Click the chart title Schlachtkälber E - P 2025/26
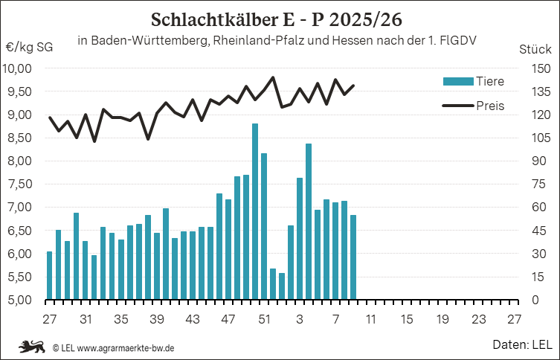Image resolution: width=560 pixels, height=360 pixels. coord(280,17)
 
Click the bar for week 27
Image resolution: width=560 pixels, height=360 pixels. coord(50,275)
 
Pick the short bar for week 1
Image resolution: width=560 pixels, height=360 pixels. coord(282,286)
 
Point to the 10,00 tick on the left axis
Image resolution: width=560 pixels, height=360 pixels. coord(19,68)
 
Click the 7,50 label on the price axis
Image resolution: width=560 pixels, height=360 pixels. coord(19,184)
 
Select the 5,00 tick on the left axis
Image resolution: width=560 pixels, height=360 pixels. coord(19,300)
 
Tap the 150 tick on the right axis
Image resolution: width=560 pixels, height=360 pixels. coord(535,68)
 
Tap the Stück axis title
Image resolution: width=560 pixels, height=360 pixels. coord(534,49)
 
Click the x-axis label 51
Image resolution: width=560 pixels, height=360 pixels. coord(264,319)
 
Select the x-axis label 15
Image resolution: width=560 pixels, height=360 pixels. coord(407,319)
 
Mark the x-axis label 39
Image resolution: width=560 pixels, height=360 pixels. coord(157,319)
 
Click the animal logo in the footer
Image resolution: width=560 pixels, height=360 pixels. coord(33,347)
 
